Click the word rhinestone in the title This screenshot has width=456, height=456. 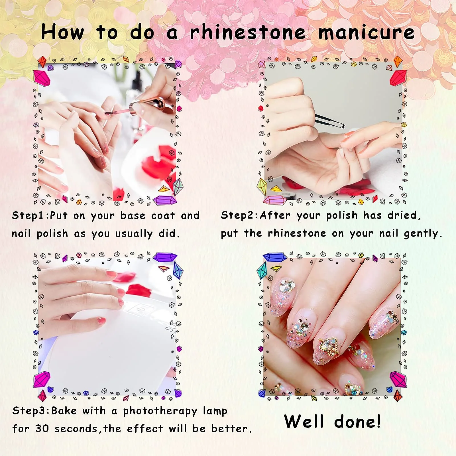pyautogui.click(x=248, y=32)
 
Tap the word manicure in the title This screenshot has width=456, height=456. pyautogui.click(x=366, y=32)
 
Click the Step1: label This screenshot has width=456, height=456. pyautogui.click(x=30, y=215)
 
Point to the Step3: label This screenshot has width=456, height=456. pyautogui.click(x=31, y=411)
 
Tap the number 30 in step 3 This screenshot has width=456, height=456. pyautogui.click(x=42, y=429)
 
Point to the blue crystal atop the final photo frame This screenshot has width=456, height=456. pyautogui.click(x=275, y=257)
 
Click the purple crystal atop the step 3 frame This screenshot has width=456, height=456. pyautogui.click(x=165, y=257)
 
